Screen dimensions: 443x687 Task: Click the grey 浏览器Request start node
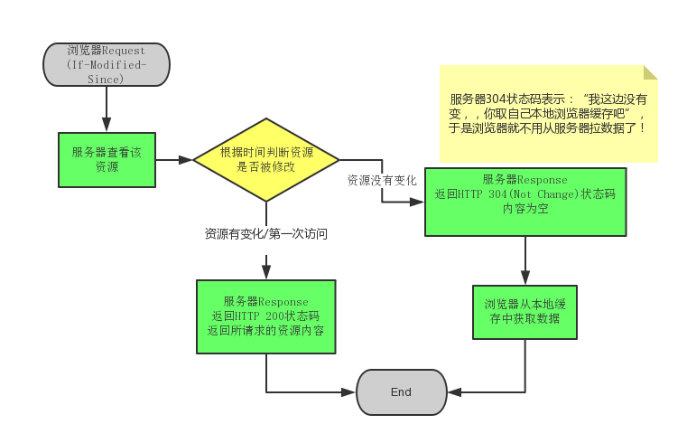(x=107, y=64)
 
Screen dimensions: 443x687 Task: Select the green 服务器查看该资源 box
(x=107, y=160)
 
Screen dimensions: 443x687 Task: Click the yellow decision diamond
(x=266, y=160)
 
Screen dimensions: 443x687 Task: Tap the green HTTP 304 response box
(x=525, y=202)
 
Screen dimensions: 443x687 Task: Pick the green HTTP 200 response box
(x=266, y=316)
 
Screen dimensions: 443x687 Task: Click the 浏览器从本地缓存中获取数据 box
(x=525, y=312)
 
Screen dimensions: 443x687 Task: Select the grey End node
(x=402, y=391)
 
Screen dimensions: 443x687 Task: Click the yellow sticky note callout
(x=549, y=113)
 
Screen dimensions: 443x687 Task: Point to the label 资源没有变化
(x=382, y=180)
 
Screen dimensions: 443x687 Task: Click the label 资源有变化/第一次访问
(x=266, y=234)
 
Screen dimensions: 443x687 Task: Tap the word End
(x=402, y=391)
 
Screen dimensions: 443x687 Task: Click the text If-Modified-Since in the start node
(x=107, y=71)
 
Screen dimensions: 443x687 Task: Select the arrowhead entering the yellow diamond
(x=187, y=160)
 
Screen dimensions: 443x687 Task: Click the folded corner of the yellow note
(x=650, y=72)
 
